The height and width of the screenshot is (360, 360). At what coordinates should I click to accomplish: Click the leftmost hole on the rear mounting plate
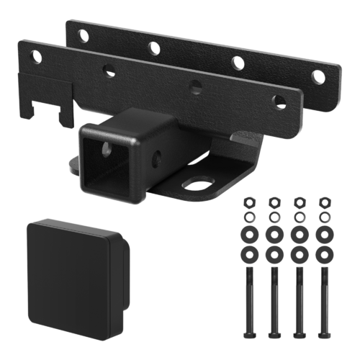click(84, 35)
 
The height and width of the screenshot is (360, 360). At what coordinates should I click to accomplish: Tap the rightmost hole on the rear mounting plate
click(318, 76)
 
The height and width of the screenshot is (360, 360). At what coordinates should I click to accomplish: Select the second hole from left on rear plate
click(154, 48)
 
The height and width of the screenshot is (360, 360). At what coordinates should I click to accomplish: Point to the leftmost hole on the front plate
click(34, 56)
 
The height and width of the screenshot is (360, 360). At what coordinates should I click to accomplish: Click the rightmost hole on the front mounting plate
click(279, 102)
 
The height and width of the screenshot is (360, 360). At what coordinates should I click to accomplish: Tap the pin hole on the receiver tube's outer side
click(156, 154)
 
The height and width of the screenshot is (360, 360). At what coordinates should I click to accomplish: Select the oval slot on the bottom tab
click(195, 184)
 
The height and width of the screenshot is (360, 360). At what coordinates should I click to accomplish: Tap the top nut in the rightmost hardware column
click(323, 202)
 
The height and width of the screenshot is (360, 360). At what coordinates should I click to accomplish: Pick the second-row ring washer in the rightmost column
click(323, 216)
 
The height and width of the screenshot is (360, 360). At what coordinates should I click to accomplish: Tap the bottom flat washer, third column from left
click(300, 255)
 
